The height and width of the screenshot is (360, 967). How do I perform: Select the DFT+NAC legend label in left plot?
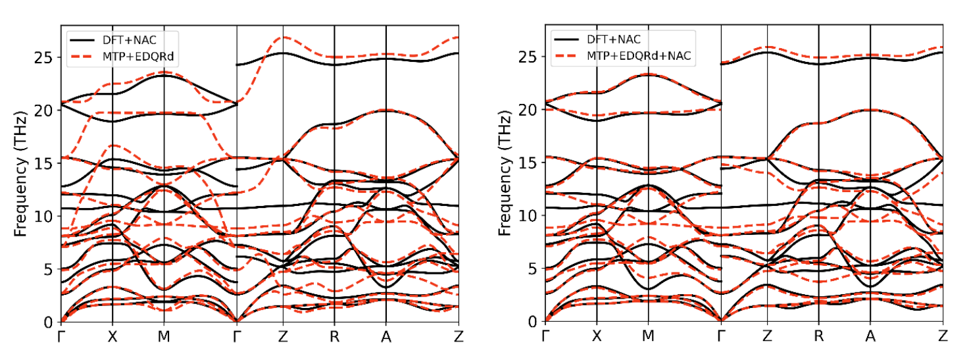point(129,40)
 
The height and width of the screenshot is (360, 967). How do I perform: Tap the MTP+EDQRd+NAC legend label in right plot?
point(639,56)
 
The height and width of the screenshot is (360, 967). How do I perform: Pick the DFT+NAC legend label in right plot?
point(614,39)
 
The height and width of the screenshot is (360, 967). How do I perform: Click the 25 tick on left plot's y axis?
point(43,57)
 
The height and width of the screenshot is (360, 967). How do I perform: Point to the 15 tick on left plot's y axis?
point(43,164)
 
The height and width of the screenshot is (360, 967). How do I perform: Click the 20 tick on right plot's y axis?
point(527,110)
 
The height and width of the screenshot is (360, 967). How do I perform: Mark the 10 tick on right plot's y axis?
point(527,215)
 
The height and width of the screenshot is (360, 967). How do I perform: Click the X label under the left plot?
point(112,337)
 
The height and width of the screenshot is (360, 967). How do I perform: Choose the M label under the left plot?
point(164,337)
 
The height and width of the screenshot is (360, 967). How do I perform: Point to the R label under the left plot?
point(335,337)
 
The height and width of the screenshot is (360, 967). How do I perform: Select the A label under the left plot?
point(386,337)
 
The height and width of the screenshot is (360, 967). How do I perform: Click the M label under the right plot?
point(648,336)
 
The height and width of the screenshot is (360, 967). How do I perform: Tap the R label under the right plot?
point(819,336)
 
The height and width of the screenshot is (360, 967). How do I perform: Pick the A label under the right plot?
point(870,336)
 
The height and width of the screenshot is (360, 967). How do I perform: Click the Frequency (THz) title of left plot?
point(20,174)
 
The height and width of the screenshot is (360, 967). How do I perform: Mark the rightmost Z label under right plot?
point(943,336)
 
